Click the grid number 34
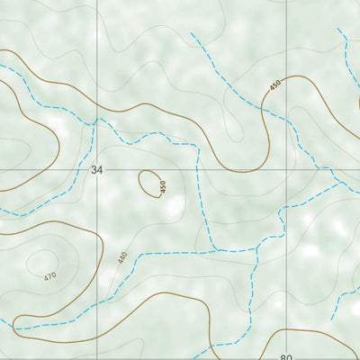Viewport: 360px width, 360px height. tap(97, 169)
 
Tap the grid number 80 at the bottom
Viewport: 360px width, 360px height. tap(286, 356)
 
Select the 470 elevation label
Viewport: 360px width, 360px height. tap(49, 275)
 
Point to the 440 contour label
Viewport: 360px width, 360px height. tap(122, 256)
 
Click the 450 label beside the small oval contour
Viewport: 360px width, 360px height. tap(163, 187)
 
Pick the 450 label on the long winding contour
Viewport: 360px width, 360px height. tap(274, 86)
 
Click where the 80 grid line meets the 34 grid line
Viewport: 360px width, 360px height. tap(286, 170)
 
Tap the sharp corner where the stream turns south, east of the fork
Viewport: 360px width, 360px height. tap(197, 144)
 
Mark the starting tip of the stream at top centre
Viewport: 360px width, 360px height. tap(192, 34)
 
